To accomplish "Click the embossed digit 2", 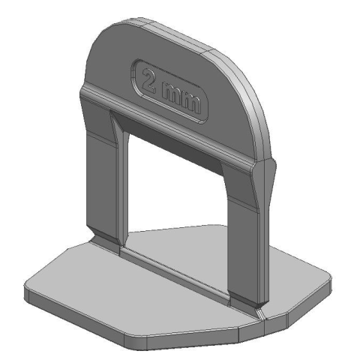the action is pyautogui.click(x=148, y=81).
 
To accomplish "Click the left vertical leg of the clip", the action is pyautogui.click(x=103, y=175).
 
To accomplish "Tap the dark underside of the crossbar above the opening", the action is pyautogui.click(x=172, y=145).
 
